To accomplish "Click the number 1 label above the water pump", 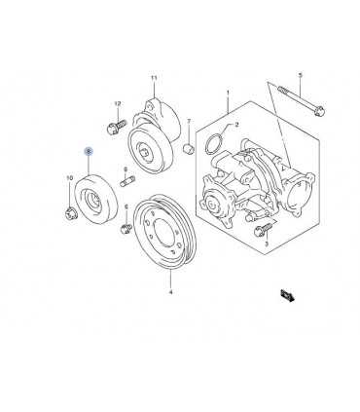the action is click(x=228, y=93).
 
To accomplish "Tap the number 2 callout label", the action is click(x=236, y=124).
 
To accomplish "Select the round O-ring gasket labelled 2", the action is click(x=214, y=143).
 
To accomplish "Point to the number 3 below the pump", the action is click(x=267, y=243).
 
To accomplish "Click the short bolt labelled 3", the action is click(x=264, y=229).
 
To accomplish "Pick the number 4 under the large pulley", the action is click(x=171, y=292).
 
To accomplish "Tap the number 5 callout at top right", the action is click(x=300, y=75).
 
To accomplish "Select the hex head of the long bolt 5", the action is click(x=319, y=110).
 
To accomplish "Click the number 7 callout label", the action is click(x=189, y=121).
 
